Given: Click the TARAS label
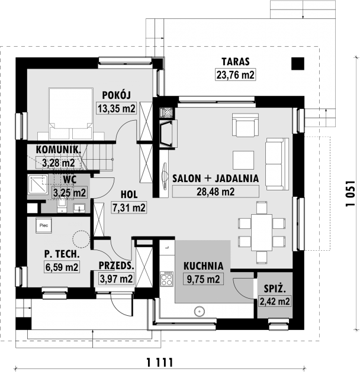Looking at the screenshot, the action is [236, 62].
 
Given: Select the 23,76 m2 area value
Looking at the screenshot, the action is [235, 75].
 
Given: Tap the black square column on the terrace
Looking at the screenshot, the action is [298, 64].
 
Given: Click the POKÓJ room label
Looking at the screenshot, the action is [117, 95].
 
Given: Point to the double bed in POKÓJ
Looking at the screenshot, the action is [71, 114].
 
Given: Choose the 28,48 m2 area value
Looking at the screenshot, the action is [216, 191].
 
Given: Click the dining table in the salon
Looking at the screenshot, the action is [262, 232].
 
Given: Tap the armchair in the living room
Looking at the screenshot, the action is [245, 125].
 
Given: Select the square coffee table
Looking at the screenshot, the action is [243, 160].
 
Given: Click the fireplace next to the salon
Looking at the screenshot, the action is [168, 134].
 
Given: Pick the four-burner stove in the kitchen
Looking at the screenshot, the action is [166, 279].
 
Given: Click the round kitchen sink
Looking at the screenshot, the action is [199, 311].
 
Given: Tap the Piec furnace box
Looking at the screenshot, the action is [44, 225].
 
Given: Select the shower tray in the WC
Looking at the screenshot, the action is [38, 184].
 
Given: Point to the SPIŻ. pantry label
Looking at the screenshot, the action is [275, 289].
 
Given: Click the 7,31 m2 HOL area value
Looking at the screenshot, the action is [129, 208].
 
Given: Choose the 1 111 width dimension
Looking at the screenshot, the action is [160, 363].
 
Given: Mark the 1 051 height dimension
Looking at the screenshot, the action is [351, 193].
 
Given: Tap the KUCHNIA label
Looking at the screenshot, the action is [204, 266].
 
